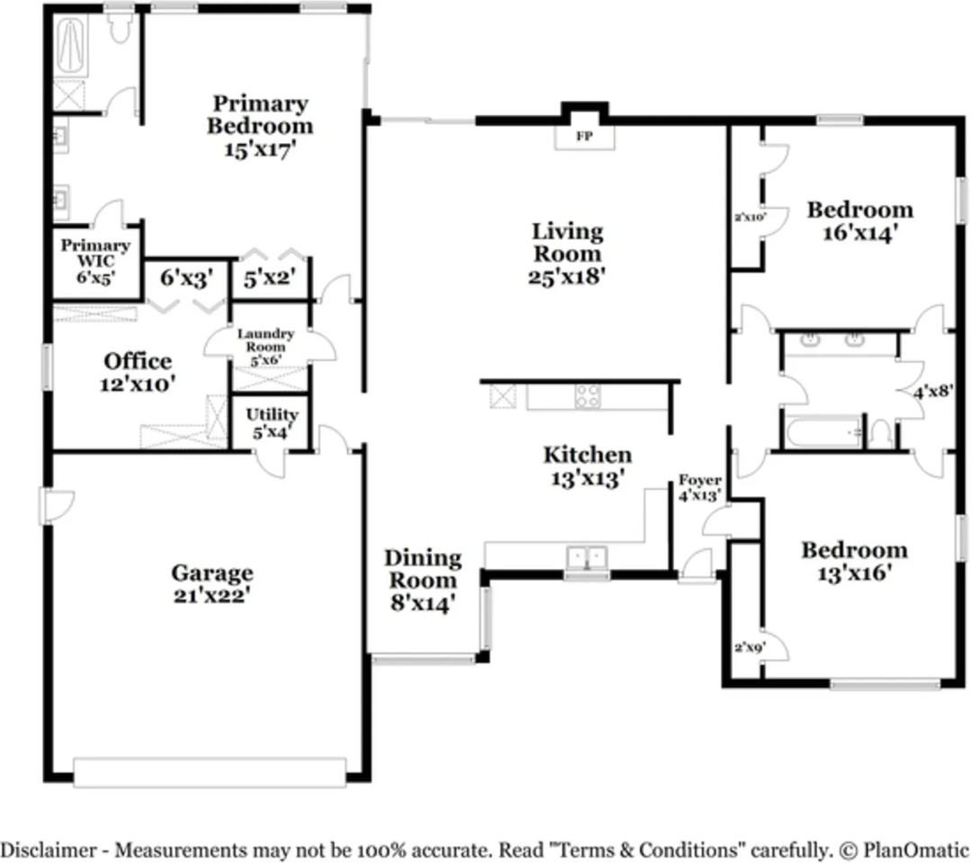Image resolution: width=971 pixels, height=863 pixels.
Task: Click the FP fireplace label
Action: (x=584, y=137)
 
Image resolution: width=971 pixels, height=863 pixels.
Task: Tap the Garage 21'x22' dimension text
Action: (x=212, y=595)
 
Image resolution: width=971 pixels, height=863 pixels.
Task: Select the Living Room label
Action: (x=567, y=242)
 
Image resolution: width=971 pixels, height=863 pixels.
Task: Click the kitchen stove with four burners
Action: (x=587, y=396)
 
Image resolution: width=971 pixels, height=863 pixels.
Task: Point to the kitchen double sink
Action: (x=587, y=556)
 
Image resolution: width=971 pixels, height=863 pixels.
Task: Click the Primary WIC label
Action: (x=94, y=254)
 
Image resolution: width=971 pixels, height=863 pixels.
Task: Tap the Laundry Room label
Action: (x=265, y=340)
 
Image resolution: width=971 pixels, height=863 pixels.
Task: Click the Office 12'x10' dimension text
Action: (x=138, y=384)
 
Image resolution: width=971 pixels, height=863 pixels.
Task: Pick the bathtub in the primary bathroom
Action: (x=72, y=47)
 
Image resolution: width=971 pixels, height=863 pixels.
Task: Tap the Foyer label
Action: (x=699, y=480)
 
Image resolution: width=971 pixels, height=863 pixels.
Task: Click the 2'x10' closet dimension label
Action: (x=750, y=217)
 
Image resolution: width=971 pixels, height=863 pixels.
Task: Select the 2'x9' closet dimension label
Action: (x=749, y=647)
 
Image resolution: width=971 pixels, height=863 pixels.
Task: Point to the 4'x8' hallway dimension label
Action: (x=933, y=391)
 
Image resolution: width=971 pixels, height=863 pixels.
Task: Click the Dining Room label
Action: (x=423, y=569)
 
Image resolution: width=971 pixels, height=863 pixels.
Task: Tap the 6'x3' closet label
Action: (x=186, y=279)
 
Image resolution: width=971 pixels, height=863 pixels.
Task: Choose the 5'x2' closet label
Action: (x=269, y=279)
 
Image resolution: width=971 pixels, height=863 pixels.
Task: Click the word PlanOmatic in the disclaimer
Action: (x=916, y=850)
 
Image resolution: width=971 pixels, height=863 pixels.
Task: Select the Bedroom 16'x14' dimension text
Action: (x=860, y=233)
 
